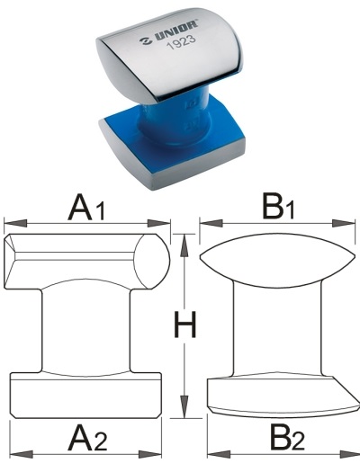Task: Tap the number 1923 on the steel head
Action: click(x=181, y=43)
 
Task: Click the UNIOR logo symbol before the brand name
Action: click(x=146, y=41)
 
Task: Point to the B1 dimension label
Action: click(x=279, y=207)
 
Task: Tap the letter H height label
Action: click(x=184, y=325)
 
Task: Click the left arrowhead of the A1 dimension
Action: click(x=15, y=223)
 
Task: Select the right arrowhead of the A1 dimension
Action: click(x=158, y=223)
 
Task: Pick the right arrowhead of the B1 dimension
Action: click(x=344, y=223)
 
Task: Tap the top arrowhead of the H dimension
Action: click(x=184, y=245)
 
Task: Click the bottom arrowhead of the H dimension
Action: click(x=184, y=406)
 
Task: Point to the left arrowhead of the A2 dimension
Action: click(x=22, y=455)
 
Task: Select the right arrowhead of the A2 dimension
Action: click(x=150, y=455)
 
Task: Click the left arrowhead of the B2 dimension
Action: click(x=219, y=455)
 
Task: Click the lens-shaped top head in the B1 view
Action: click(x=277, y=261)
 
